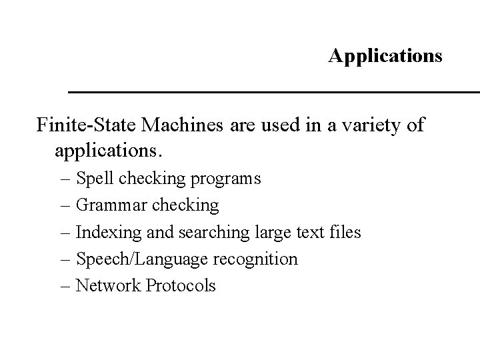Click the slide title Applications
point(385,55)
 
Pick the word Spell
point(95,179)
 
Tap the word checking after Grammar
point(187,206)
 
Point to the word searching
point(206,233)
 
